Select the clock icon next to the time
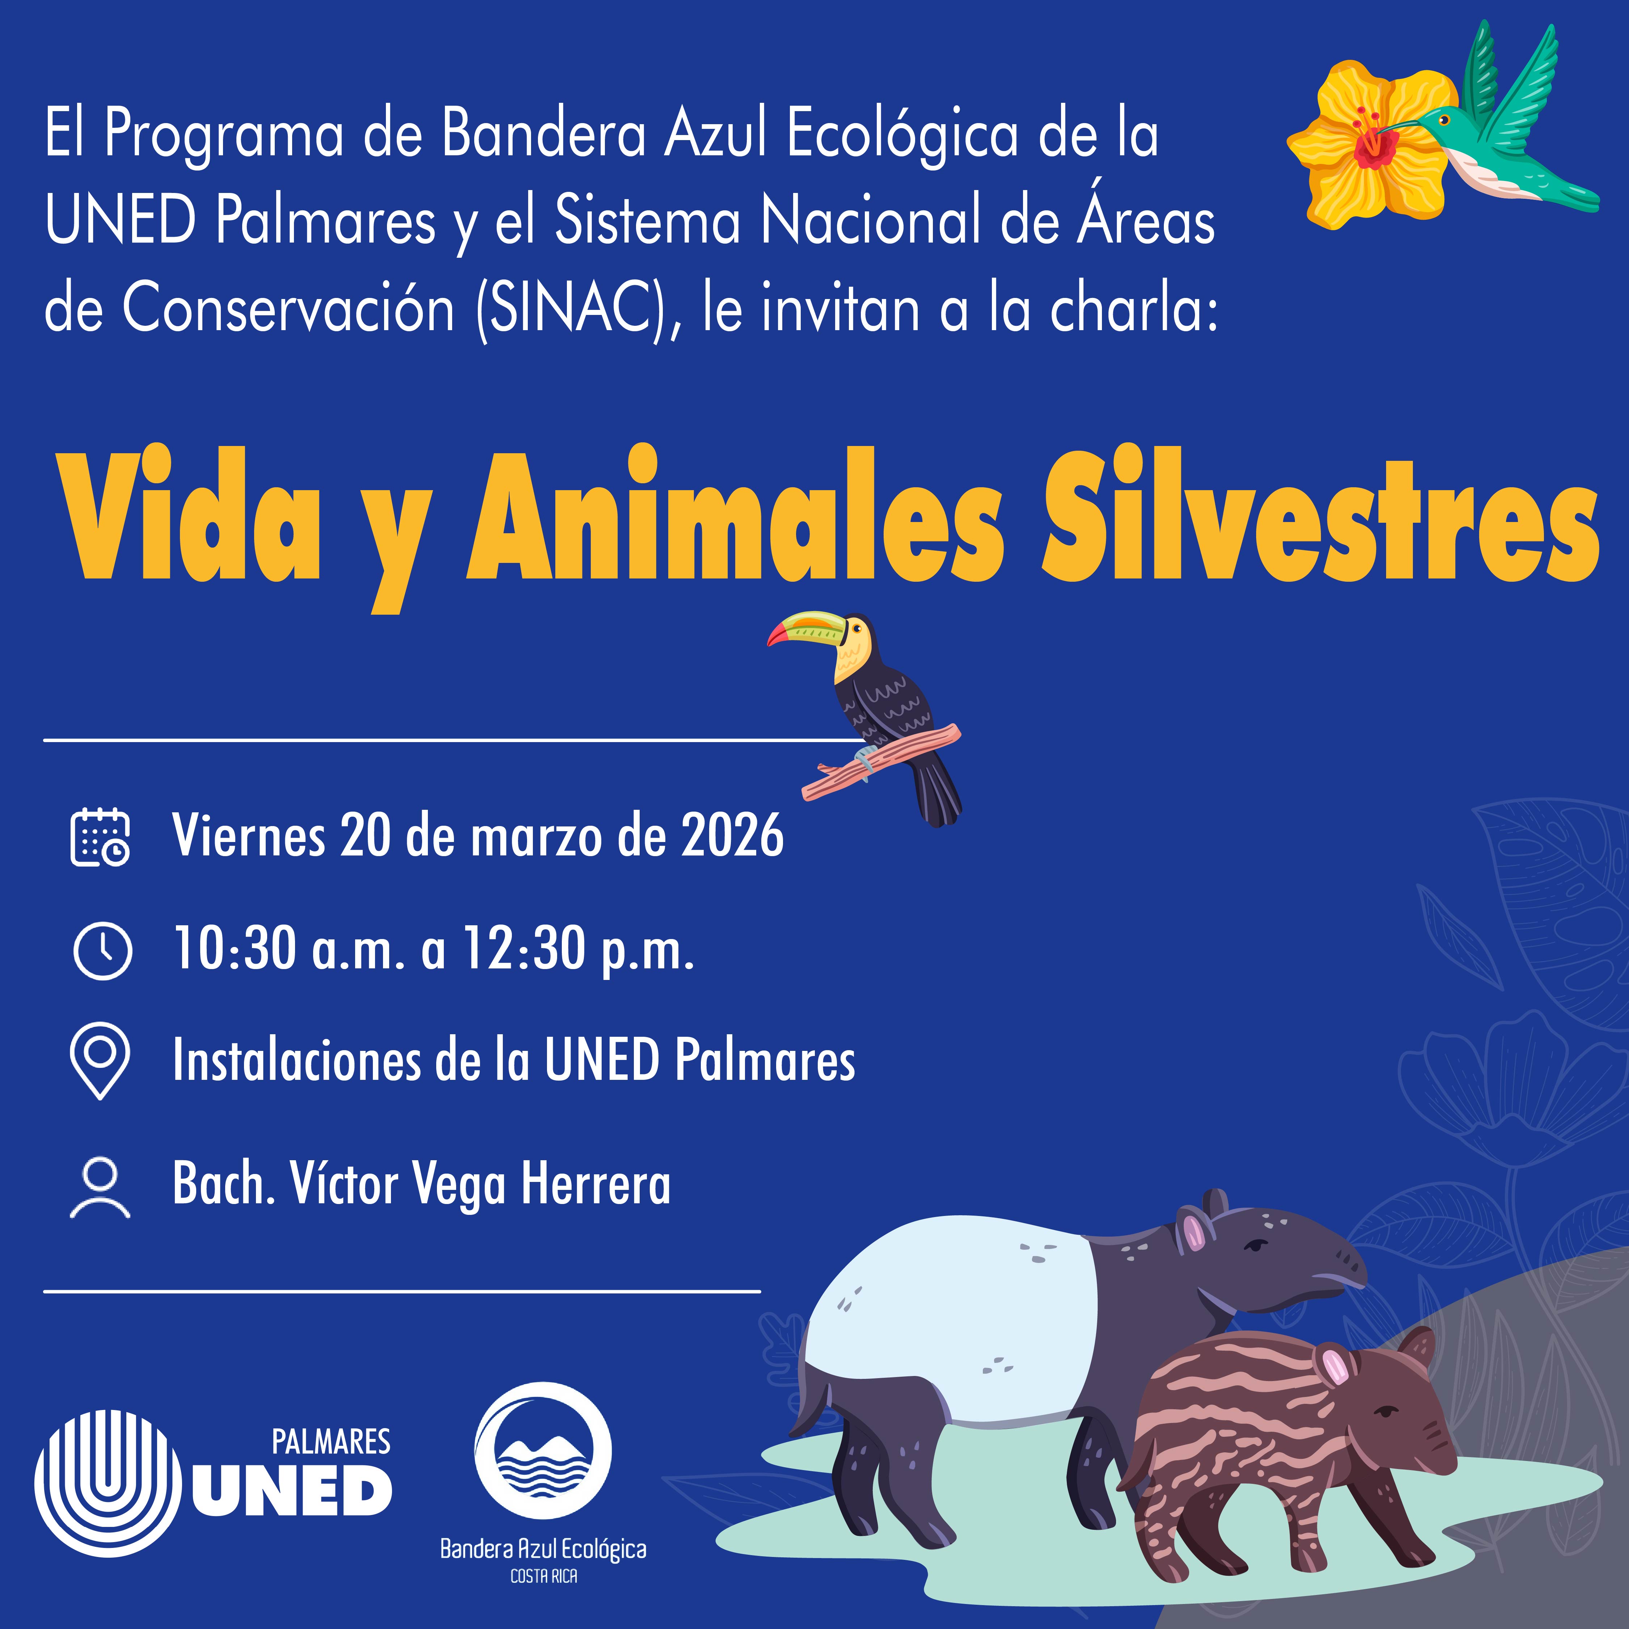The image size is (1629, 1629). pos(102,950)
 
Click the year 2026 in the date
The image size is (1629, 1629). pos(732,837)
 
